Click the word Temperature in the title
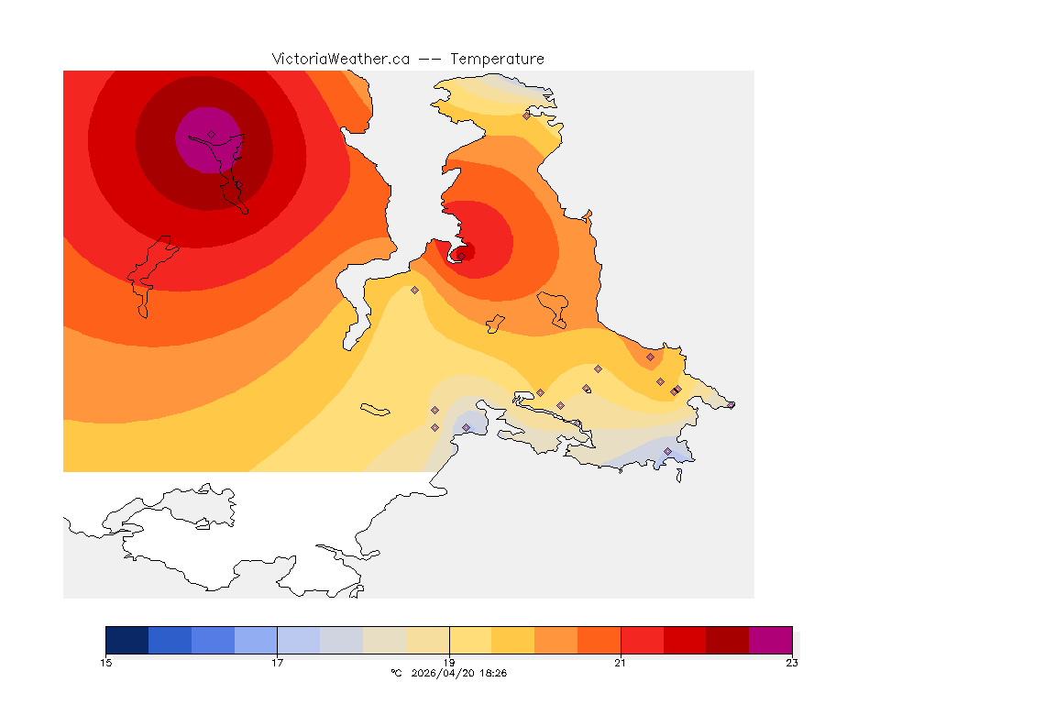(x=498, y=59)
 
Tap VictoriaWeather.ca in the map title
(x=340, y=59)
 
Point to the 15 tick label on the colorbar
(x=105, y=663)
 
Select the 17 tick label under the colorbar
(x=277, y=663)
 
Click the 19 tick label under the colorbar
(x=449, y=663)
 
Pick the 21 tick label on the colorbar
(x=621, y=663)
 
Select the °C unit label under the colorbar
(x=396, y=673)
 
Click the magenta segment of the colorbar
(x=770, y=639)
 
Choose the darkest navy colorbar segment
(x=126, y=639)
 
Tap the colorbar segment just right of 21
(x=642, y=639)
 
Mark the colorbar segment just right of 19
(x=470, y=639)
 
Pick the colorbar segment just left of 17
(x=256, y=639)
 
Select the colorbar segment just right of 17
(x=298, y=639)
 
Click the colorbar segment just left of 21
(x=599, y=639)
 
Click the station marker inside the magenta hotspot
(x=211, y=134)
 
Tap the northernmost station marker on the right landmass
(x=526, y=115)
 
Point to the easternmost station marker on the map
(x=731, y=404)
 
